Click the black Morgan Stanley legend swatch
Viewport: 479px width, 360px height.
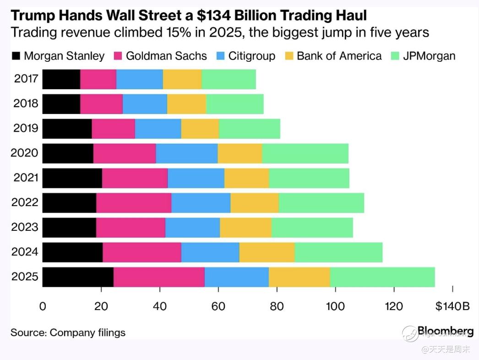(x=16, y=56)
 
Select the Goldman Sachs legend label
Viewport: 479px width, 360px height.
(x=166, y=56)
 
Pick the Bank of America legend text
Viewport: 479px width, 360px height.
(x=339, y=56)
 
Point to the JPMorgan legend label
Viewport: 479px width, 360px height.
(x=429, y=56)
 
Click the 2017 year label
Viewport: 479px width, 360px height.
(x=27, y=79)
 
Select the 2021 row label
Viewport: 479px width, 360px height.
(x=27, y=178)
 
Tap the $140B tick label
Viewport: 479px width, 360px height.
(x=453, y=307)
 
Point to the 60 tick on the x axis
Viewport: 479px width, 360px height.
(x=218, y=307)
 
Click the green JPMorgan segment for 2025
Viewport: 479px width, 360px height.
(x=382, y=277)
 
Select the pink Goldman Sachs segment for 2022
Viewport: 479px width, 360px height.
(x=134, y=203)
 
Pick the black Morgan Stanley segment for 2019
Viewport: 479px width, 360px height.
(x=67, y=128)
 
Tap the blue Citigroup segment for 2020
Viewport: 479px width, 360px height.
(x=187, y=153)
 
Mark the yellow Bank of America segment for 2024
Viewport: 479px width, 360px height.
(x=267, y=252)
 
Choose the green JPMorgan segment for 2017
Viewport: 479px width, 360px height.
(x=229, y=79)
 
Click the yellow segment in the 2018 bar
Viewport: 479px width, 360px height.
(x=186, y=104)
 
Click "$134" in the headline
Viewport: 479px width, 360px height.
(x=212, y=16)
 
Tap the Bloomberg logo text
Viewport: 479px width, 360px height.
(x=445, y=331)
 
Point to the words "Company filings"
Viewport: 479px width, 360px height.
(x=87, y=333)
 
